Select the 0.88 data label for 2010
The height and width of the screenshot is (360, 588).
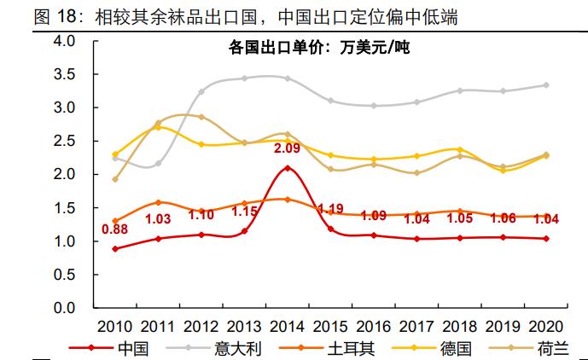pos(115,228)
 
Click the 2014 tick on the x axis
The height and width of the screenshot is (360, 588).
pos(287,327)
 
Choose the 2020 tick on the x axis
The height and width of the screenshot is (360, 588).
pos(545,327)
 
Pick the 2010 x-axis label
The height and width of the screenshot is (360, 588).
pos(114,327)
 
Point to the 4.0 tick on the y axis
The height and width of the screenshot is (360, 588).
pos(66,41)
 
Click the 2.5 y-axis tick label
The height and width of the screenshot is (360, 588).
pos(66,142)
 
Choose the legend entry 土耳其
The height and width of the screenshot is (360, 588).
pos(352,348)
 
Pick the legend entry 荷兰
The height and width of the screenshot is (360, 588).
pos(550,348)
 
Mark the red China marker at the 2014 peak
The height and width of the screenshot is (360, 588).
pos(287,168)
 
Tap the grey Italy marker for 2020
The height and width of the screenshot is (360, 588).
pos(545,85)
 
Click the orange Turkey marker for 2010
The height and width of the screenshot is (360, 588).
pos(115,221)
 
